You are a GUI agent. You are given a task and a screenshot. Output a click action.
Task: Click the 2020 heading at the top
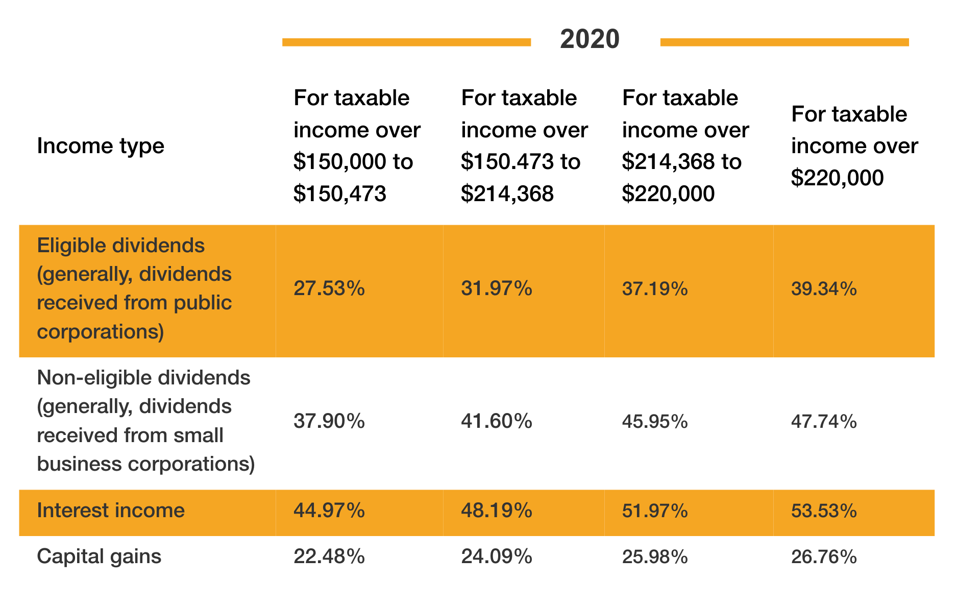pos(590,39)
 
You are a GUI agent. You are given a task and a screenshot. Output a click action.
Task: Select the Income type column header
pos(101,146)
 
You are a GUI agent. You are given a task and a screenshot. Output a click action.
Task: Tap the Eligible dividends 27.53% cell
pos(329,289)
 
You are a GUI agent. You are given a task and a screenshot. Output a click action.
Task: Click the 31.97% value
pos(497,289)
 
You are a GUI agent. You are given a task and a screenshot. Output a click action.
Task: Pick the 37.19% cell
pos(655,289)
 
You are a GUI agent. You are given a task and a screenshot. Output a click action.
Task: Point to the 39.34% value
pos(824,289)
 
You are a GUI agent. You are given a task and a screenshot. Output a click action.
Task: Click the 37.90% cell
pos(329,422)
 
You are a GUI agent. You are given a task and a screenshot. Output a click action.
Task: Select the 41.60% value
pos(497,422)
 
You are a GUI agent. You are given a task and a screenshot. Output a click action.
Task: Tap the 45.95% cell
pos(655,422)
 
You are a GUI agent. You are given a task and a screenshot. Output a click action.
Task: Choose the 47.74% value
pos(824,422)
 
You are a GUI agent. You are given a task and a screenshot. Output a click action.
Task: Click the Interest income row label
pos(111,511)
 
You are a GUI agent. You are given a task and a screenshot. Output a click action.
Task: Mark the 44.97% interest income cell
pos(329,511)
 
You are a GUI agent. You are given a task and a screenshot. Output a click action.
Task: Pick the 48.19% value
pos(497,511)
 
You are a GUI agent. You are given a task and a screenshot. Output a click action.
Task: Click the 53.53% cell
pos(824,511)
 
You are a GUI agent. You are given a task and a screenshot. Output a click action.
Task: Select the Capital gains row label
pos(99,556)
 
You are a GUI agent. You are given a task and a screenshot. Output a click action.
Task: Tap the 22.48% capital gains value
pos(329,556)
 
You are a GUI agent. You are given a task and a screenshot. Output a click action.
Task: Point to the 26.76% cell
pos(824,556)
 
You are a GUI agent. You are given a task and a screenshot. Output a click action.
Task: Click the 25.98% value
pos(655,556)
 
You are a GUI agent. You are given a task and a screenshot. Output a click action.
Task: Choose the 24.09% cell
pos(497,556)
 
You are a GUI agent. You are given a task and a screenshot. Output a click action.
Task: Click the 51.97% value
pos(655,511)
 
